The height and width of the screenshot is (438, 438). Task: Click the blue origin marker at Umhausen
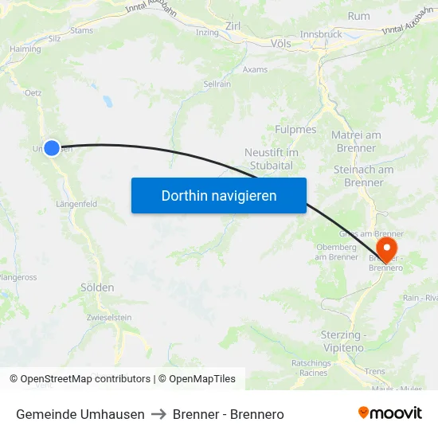coord(52,147)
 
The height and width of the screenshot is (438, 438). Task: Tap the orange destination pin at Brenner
coord(387,248)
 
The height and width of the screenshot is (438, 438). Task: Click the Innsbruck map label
coord(321,34)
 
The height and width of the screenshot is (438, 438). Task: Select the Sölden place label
coord(97,287)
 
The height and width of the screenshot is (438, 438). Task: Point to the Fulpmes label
coord(295,129)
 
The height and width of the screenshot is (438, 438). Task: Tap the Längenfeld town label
coord(76,204)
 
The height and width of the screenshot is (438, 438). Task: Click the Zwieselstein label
coord(109,317)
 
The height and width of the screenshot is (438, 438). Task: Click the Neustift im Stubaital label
coord(272,158)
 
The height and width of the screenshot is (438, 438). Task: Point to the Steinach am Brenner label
coord(363,176)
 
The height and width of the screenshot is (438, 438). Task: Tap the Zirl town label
coord(233,26)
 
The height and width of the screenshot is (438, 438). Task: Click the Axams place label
coord(255,69)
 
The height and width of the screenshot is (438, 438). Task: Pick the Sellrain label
coord(217,83)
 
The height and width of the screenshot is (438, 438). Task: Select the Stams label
coord(82,31)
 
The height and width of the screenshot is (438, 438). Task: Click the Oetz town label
coord(33,92)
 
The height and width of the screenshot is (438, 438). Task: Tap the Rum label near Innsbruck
coord(358,16)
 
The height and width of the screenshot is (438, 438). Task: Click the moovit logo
coord(390,413)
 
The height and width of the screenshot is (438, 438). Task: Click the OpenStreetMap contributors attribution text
coord(85,379)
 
